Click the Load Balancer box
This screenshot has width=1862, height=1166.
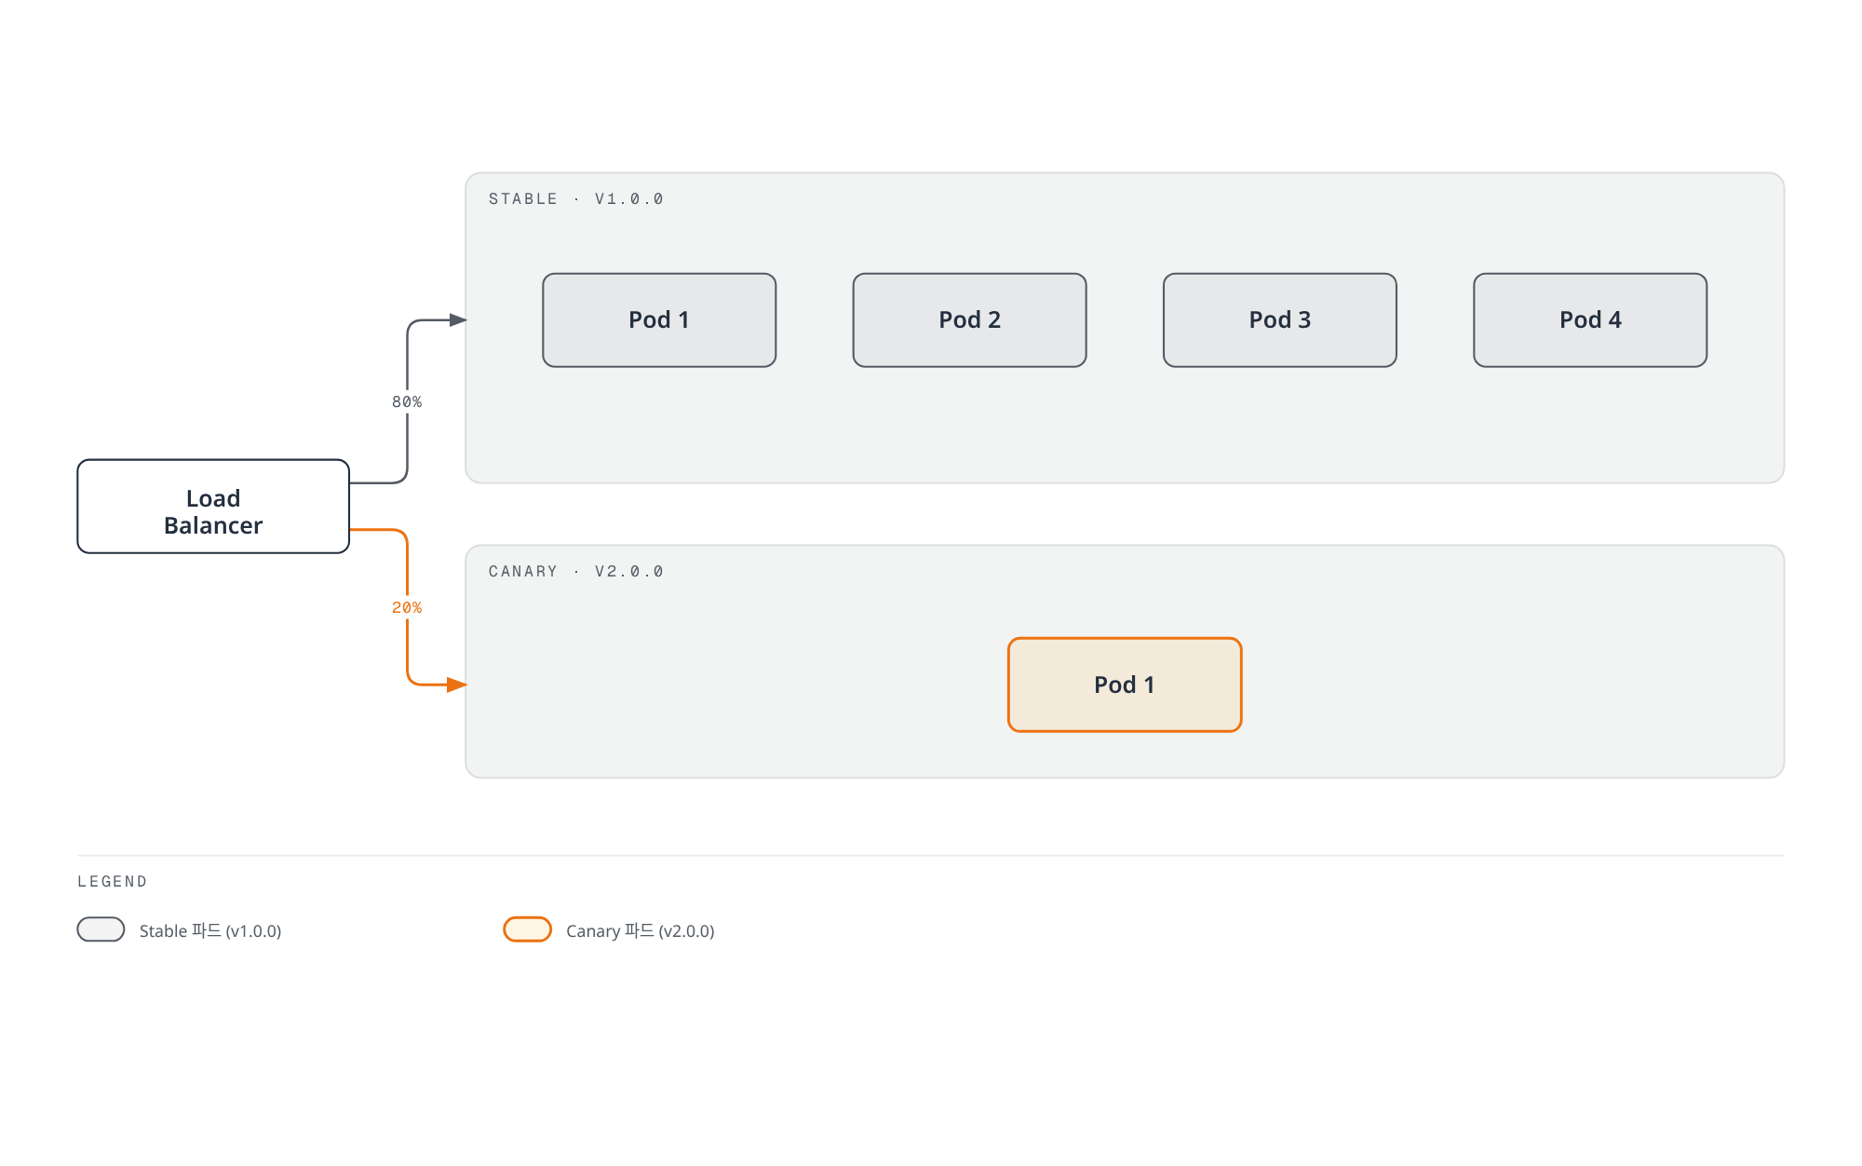(213, 507)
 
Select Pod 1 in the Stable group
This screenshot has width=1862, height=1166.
(659, 320)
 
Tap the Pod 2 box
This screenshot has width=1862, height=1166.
(969, 320)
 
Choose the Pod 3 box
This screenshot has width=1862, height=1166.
(1280, 320)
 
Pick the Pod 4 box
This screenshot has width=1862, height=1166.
(1590, 320)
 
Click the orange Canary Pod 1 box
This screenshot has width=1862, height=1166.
(1125, 685)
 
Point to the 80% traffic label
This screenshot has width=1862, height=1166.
(407, 402)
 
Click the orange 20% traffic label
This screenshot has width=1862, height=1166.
(407, 608)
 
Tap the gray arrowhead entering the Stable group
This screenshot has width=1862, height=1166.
(458, 320)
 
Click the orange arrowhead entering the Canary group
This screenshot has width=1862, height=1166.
(457, 685)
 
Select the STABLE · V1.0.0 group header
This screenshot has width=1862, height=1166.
(575, 199)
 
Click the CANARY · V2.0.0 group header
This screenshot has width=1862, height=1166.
(575, 572)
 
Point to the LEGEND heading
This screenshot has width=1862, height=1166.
(113, 882)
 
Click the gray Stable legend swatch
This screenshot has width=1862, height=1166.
(101, 929)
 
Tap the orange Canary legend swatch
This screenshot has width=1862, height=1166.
(528, 929)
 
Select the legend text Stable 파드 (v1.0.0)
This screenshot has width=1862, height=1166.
(210, 931)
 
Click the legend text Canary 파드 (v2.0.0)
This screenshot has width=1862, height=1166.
(641, 931)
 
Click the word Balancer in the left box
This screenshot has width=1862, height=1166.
(213, 526)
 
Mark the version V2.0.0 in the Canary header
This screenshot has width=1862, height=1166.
(629, 572)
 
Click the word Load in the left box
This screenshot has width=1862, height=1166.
(213, 499)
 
